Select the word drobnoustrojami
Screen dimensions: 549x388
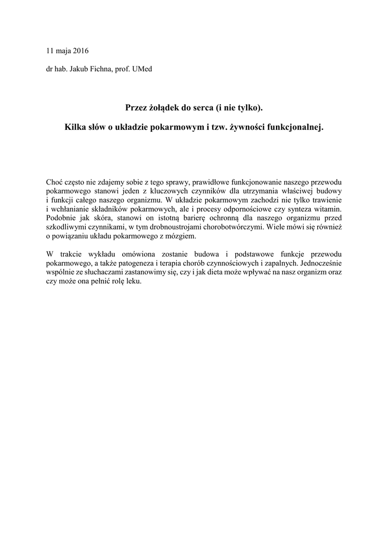pyautogui.click(x=176, y=227)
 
